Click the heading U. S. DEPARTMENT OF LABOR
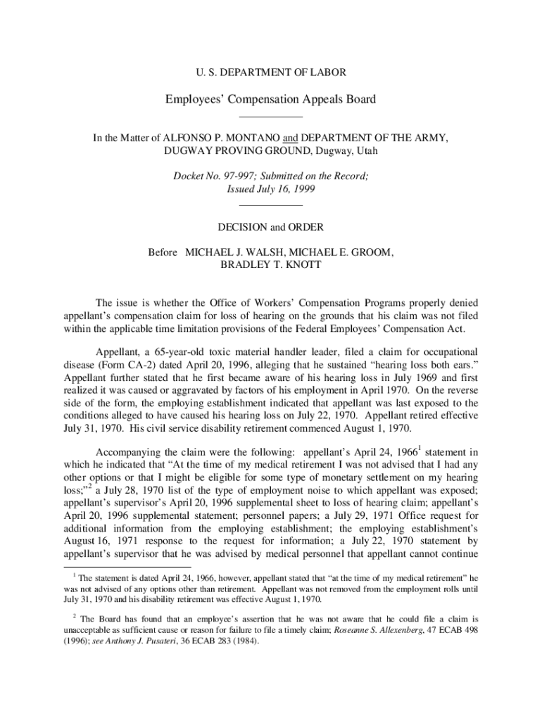click(x=271, y=72)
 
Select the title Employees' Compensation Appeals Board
click(x=271, y=99)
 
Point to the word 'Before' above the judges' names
click(x=163, y=252)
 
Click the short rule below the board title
click(x=271, y=116)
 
